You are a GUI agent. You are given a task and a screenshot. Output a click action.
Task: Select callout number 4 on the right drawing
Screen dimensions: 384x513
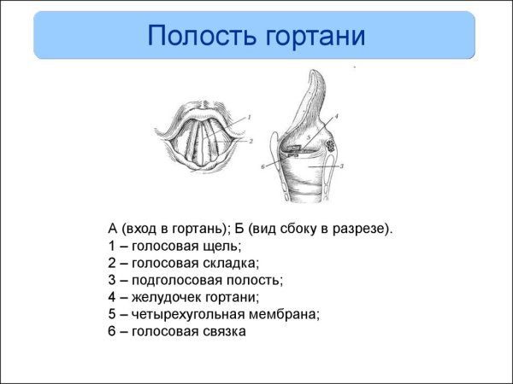pyautogui.click(x=336, y=115)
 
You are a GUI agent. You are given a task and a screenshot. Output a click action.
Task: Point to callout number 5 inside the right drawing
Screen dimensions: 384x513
pyautogui.click(x=307, y=137)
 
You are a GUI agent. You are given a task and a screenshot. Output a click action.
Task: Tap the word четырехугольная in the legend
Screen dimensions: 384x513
pyautogui.click(x=183, y=314)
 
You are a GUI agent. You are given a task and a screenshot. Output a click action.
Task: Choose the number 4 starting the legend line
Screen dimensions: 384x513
pyautogui.click(x=112, y=297)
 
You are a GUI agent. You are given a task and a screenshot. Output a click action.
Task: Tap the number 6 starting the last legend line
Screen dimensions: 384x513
pyautogui.click(x=112, y=331)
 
